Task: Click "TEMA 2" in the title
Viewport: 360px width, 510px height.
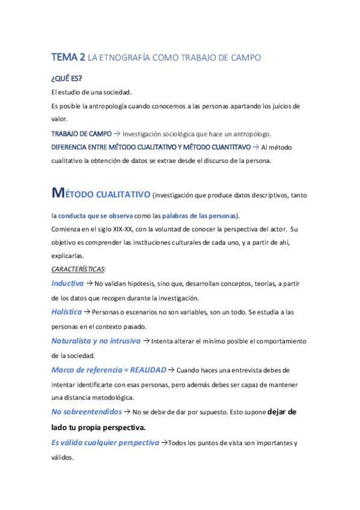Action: click(68, 58)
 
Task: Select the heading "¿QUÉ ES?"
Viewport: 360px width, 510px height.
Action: click(66, 79)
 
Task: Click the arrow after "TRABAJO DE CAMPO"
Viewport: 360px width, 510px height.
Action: click(117, 134)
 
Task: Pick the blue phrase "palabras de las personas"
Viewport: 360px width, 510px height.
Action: click(200, 215)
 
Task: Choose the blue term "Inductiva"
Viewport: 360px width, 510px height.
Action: click(67, 283)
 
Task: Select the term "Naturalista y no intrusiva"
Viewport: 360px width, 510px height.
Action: click(96, 340)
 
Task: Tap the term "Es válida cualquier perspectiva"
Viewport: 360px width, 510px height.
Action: click(105, 443)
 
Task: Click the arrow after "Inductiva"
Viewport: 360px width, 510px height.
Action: click(89, 283)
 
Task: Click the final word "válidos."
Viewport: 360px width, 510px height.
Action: click(63, 457)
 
